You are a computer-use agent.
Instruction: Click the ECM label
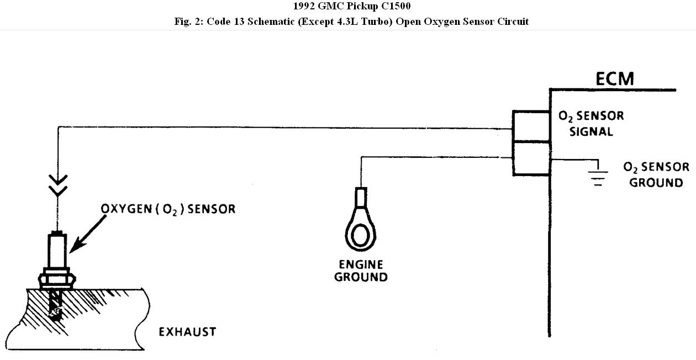click(614, 78)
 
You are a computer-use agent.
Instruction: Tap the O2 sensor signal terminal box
click(531, 126)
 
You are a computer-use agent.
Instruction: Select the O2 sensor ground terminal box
click(531, 158)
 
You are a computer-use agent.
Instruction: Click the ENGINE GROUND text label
click(361, 271)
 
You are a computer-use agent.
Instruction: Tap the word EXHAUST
click(187, 332)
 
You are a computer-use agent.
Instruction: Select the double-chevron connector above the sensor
click(58, 184)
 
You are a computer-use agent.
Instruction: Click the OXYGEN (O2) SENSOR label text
click(168, 209)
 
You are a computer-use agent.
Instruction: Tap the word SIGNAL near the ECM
click(592, 132)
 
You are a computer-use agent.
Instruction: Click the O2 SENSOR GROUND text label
click(656, 174)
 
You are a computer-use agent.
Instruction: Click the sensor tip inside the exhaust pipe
click(56, 308)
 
